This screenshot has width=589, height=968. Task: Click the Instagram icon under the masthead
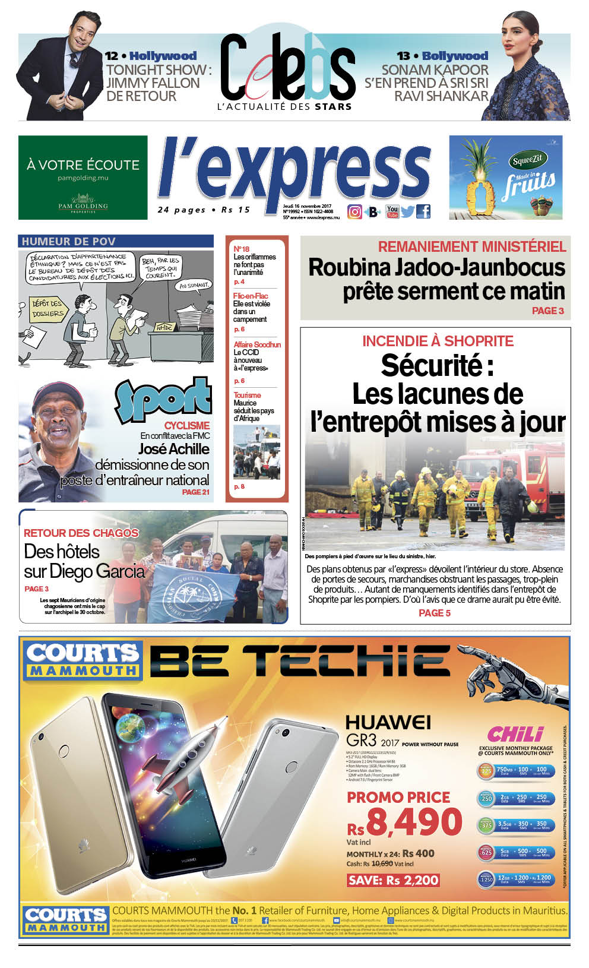(x=354, y=211)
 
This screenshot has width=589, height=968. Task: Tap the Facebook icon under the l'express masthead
(x=423, y=211)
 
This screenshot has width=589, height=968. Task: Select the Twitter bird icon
(x=407, y=211)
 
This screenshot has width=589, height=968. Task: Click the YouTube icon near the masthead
(x=392, y=211)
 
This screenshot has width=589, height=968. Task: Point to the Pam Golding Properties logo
(x=83, y=204)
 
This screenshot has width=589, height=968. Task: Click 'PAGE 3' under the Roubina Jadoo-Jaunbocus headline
(x=547, y=311)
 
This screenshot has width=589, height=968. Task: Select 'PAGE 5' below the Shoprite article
(x=435, y=613)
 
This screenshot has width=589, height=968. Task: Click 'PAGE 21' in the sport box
(x=195, y=492)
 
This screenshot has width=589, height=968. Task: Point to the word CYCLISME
(x=186, y=425)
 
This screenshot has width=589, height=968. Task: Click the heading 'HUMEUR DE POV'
(x=68, y=241)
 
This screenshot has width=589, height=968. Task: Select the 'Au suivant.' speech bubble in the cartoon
(x=194, y=286)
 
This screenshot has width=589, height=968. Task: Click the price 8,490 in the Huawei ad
(x=414, y=822)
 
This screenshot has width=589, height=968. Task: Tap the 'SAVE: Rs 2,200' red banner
(x=393, y=880)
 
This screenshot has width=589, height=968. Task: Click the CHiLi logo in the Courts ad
(x=515, y=734)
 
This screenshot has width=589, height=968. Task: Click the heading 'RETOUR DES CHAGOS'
(x=81, y=533)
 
